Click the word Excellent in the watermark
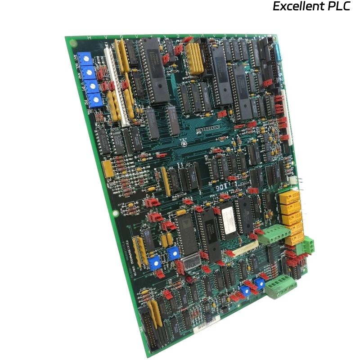[299, 7]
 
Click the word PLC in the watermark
[339, 7]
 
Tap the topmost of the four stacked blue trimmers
[84, 58]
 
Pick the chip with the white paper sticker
[225, 220]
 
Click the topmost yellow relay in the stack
[289, 197]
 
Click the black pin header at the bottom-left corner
[150, 331]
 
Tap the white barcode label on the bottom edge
[207, 325]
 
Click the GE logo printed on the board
[184, 144]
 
